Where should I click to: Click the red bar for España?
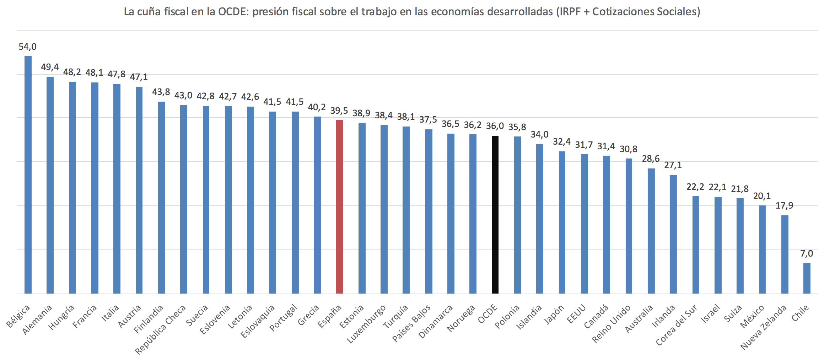coord(339,207)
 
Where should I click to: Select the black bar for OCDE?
coord(495,215)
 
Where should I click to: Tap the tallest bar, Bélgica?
coord(28,175)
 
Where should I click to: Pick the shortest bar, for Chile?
coord(807,278)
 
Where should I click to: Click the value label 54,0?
coord(28,47)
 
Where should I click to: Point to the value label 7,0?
coord(807,254)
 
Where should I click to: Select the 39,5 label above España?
coord(339,111)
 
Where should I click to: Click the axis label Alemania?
coord(37,319)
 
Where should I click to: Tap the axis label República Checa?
coord(161,329)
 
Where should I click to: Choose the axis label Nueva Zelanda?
coord(763,327)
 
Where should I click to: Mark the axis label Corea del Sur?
coord(676,325)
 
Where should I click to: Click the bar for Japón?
coord(562,222)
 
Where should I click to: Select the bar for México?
coord(762,249)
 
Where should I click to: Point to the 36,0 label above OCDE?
coord(495,126)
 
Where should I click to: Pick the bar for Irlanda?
coord(673,234)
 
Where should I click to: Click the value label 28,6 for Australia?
coord(651,159)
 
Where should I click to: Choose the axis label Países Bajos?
coord(411,323)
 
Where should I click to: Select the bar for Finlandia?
coord(162,198)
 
